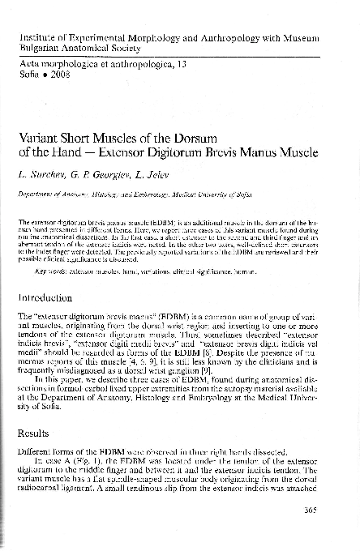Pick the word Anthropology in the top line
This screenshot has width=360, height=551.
[x=222, y=39]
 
